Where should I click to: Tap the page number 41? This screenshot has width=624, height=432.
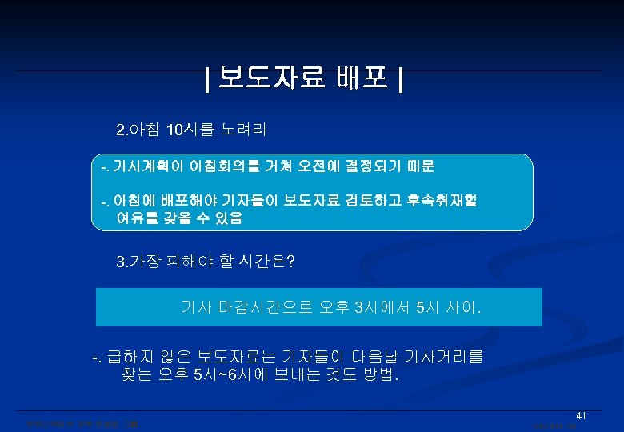click(x=582, y=416)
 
